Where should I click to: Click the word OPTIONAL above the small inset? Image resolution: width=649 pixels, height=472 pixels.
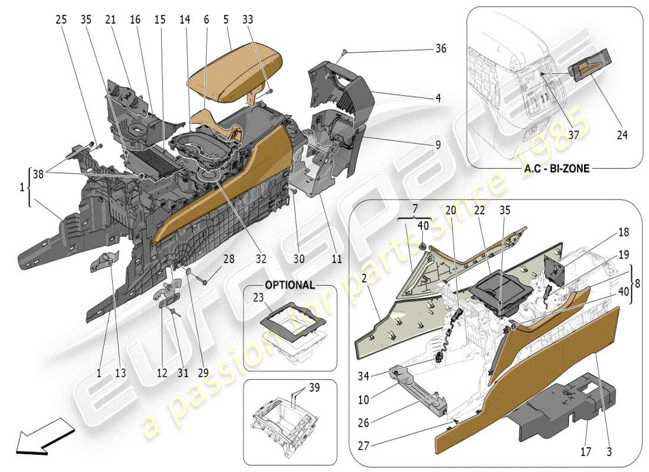click(x=290, y=284)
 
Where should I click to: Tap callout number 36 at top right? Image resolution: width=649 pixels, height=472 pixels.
click(x=440, y=49)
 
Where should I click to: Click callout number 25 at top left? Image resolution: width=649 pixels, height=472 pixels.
click(x=61, y=19)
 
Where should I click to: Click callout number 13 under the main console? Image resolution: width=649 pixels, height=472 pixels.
click(x=120, y=373)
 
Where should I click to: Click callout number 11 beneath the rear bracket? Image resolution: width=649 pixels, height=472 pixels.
click(x=336, y=258)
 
